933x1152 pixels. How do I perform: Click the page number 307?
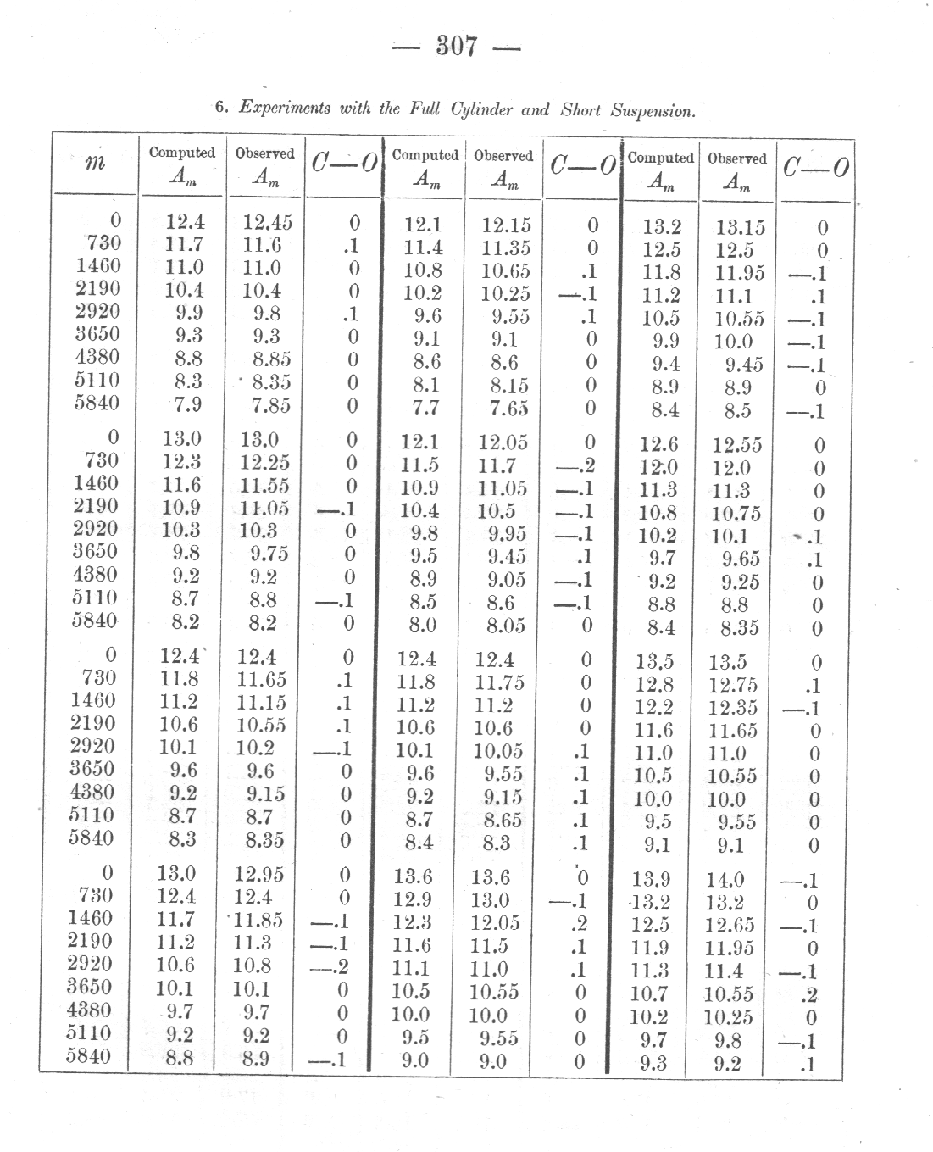[x=458, y=46]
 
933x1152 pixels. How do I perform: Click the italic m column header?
[x=96, y=163]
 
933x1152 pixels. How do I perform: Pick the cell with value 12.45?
[x=267, y=222]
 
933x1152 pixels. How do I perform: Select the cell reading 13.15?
[x=740, y=227]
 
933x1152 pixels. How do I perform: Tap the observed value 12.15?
[x=506, y=225]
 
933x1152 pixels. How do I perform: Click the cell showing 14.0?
[x=725, y=882]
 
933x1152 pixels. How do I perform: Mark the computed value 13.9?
[x=652, y=881]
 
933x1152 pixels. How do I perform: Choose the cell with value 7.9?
[x=187, y=404]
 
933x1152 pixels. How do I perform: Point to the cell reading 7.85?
[x=270, y=405]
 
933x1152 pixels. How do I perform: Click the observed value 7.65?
[x=509, y=408]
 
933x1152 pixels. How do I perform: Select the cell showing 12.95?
[x=260, y=875]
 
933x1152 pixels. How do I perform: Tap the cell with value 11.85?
[x=260, y=921]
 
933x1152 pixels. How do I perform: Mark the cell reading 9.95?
[x=507, y=534]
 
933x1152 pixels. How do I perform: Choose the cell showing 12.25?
[x=264, y=463]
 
